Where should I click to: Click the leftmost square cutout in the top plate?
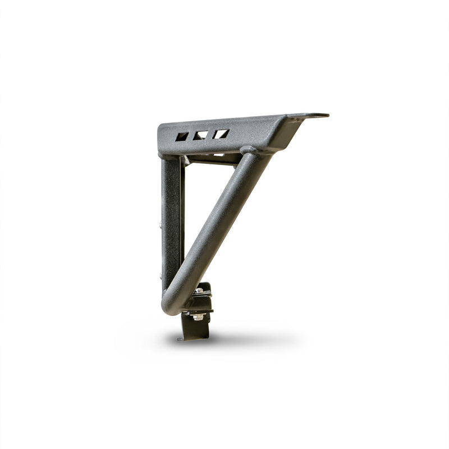click(x=182, y=136)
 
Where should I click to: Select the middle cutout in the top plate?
click(x=201, y=135)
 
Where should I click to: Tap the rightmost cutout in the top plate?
click(x=220, y=134)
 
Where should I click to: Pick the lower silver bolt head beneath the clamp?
click(x=197, y=317)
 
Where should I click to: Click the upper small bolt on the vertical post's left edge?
click(x=161, y=224)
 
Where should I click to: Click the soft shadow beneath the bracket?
click(x=236, y=340)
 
